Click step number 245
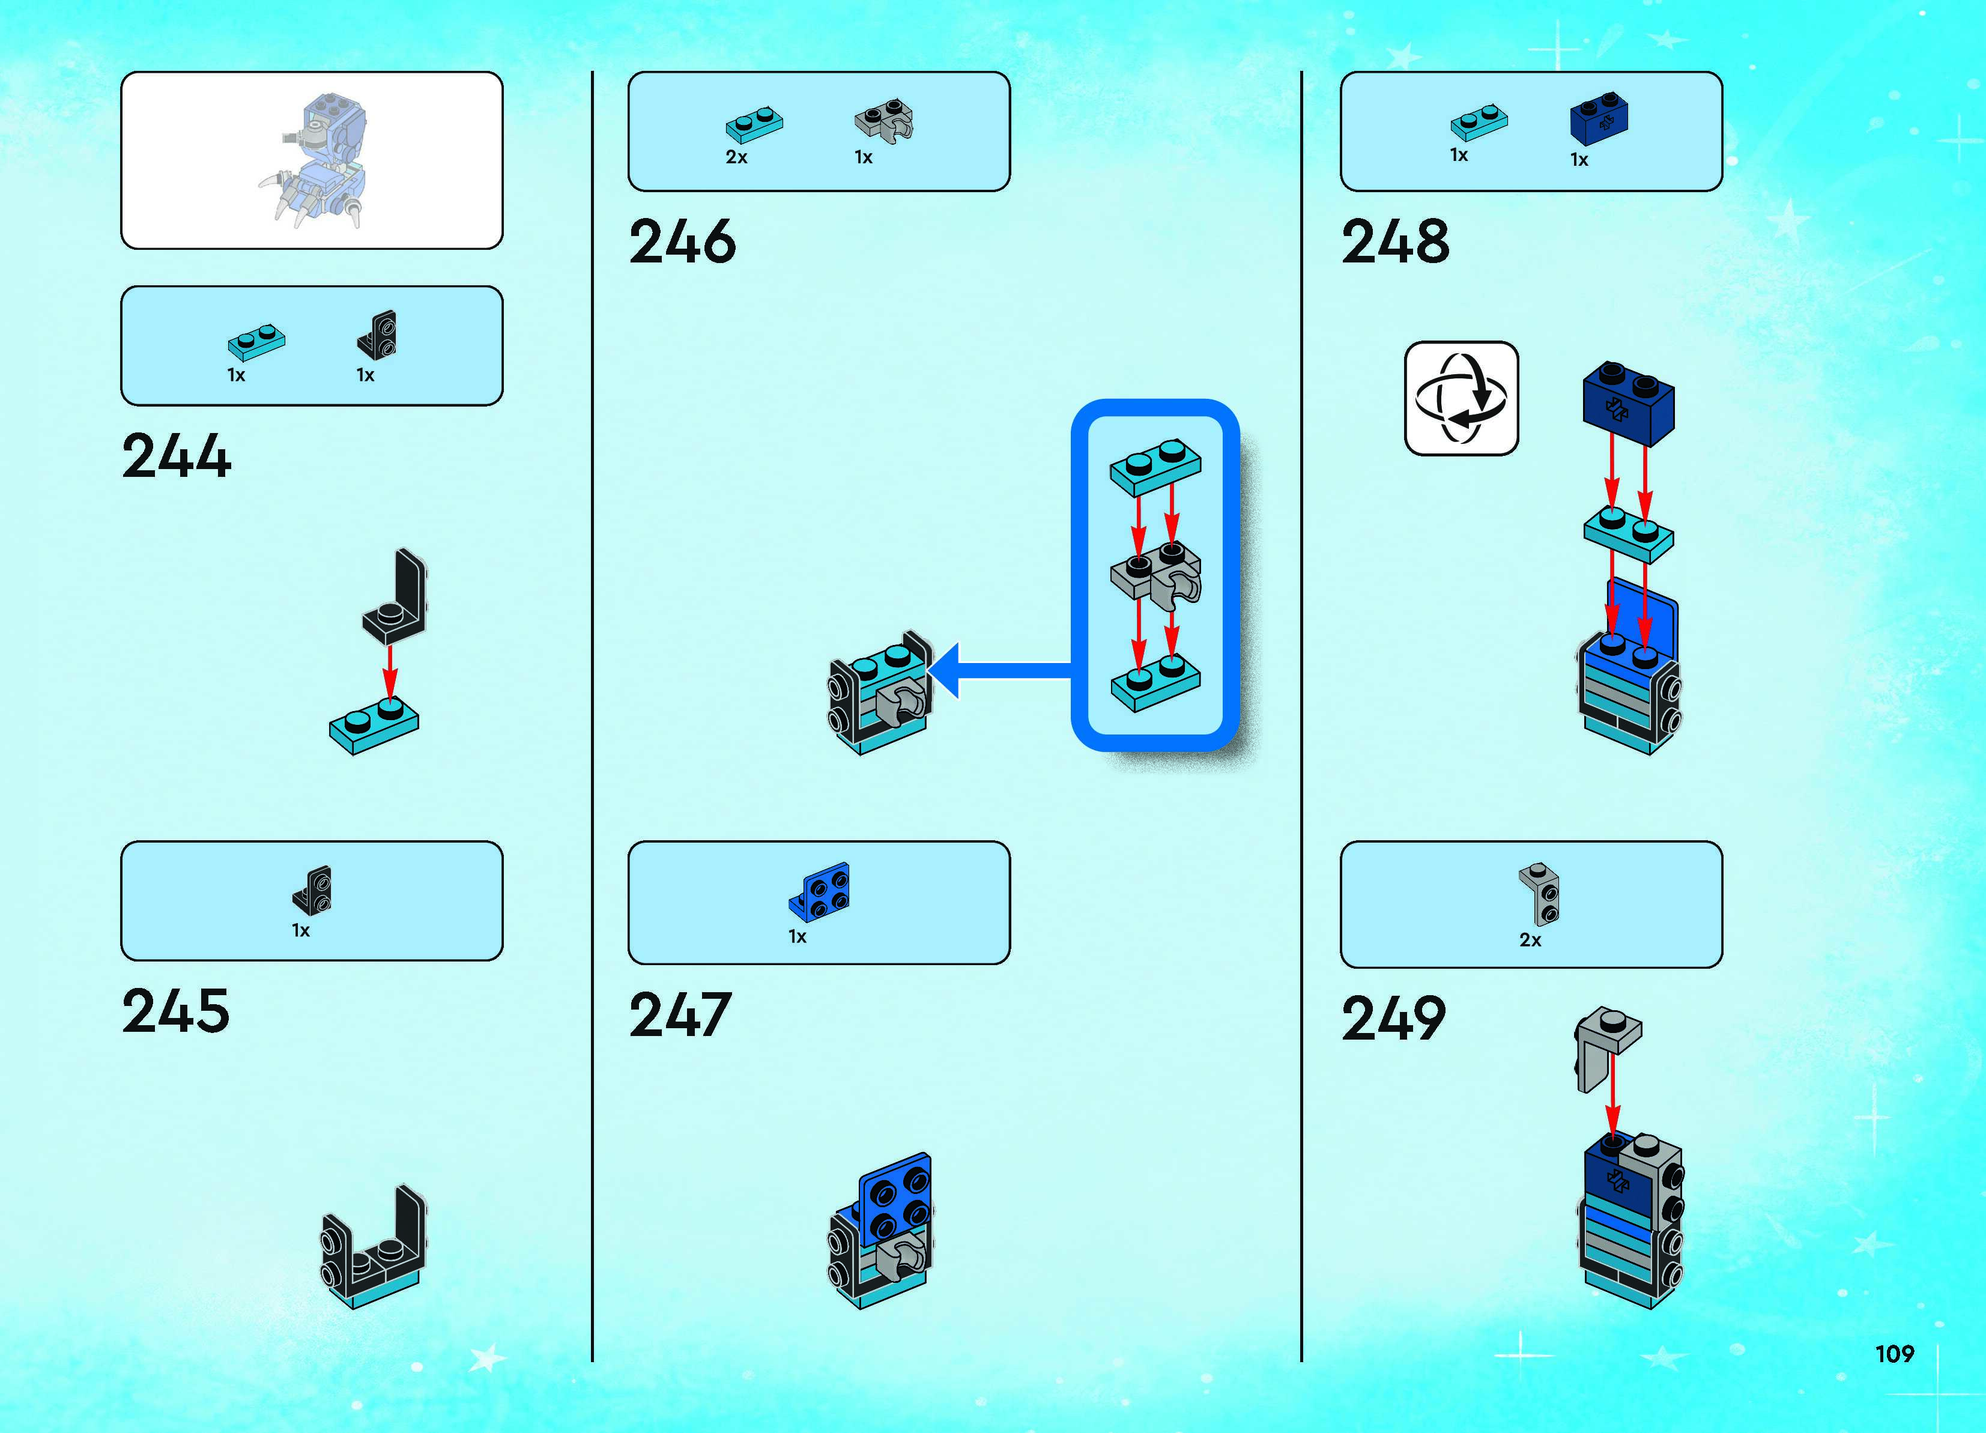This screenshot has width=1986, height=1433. [x=176, y=1011]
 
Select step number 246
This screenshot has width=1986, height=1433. [x=682, y=242]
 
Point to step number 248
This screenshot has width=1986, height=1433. [x=1395, y=242]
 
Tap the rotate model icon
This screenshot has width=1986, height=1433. [x=1461, y=399]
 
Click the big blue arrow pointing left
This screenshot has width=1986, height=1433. [x=998, y=671]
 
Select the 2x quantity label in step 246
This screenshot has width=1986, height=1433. [x=736, y=158]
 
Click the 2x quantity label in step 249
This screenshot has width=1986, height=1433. [x=1530, y=940]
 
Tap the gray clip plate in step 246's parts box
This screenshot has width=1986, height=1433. [x=883, y=120]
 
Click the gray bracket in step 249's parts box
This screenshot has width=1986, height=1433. [x=1539, y=894]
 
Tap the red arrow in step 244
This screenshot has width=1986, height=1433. [x=390, y=672]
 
